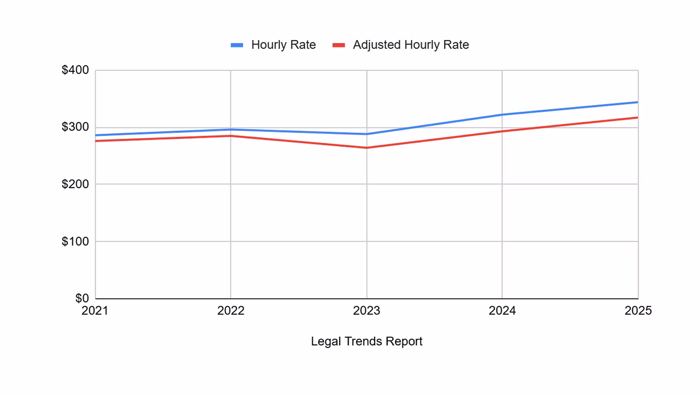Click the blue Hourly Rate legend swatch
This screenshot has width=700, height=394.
point(237,45)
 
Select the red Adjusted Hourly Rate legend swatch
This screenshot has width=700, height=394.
point(339,45)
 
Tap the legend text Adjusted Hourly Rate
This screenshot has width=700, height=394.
point(411,45)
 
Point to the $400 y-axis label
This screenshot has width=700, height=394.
point(75,70)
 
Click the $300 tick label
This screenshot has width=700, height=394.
point(75,127)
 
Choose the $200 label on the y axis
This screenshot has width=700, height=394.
point(75,184)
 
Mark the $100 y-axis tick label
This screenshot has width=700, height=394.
point(75,241)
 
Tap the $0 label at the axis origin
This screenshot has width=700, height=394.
point(82,298)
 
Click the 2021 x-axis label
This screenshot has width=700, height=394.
point(95,311)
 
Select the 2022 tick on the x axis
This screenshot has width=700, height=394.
point(231,311)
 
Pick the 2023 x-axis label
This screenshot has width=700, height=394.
point(366,311)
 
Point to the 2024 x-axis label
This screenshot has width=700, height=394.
point(502,311)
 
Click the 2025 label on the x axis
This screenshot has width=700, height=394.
point(638,311)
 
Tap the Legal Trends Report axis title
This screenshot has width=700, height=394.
point(366,341)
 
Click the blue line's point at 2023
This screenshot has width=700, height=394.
point(367,134)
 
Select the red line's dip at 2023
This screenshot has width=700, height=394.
point(367,148)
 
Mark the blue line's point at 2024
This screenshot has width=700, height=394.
point(502,115)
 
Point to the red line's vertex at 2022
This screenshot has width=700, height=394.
point(231,136)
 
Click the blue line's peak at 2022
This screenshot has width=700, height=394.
point(231,130)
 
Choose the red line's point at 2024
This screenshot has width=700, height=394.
point(502,131)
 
